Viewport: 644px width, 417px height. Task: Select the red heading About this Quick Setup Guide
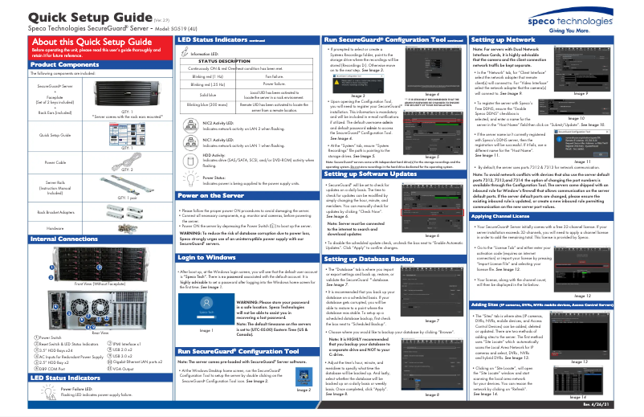coord(89,42)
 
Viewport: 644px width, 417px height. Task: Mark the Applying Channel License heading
coord(512,216)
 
